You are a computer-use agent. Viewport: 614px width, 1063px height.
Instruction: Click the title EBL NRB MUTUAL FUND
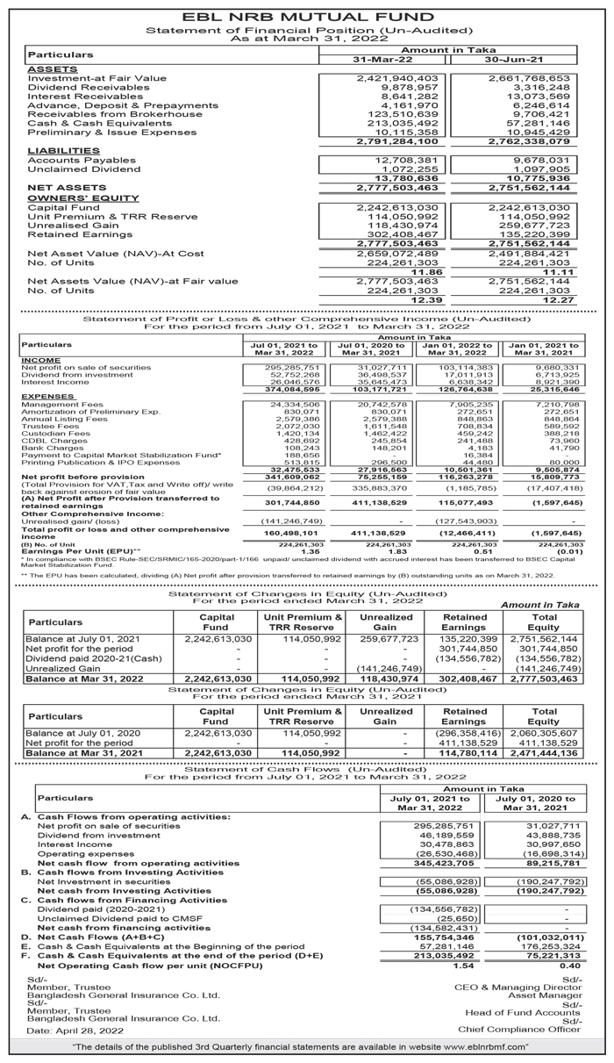pos(306,15)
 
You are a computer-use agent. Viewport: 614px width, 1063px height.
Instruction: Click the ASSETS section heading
pos(52,68)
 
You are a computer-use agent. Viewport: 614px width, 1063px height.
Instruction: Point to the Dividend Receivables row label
pos(77,88)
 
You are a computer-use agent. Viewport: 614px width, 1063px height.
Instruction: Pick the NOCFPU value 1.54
pos(439,958)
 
